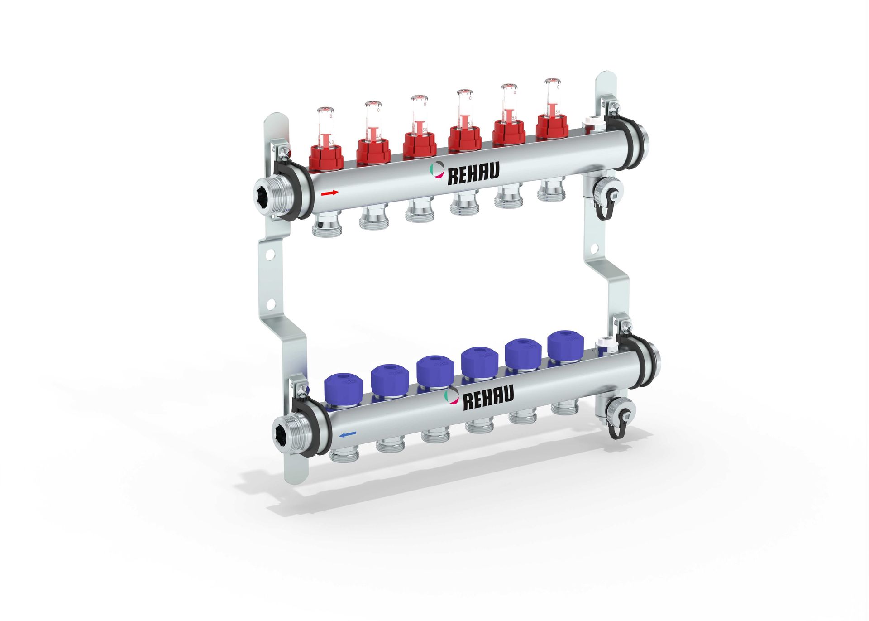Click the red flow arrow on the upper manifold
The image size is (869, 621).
pyautogui.click(x=330, y=193)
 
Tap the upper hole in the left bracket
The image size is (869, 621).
pyautogui.click(x=270, y=255)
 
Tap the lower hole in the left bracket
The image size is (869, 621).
pyautogui.click(x=271, y=304)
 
